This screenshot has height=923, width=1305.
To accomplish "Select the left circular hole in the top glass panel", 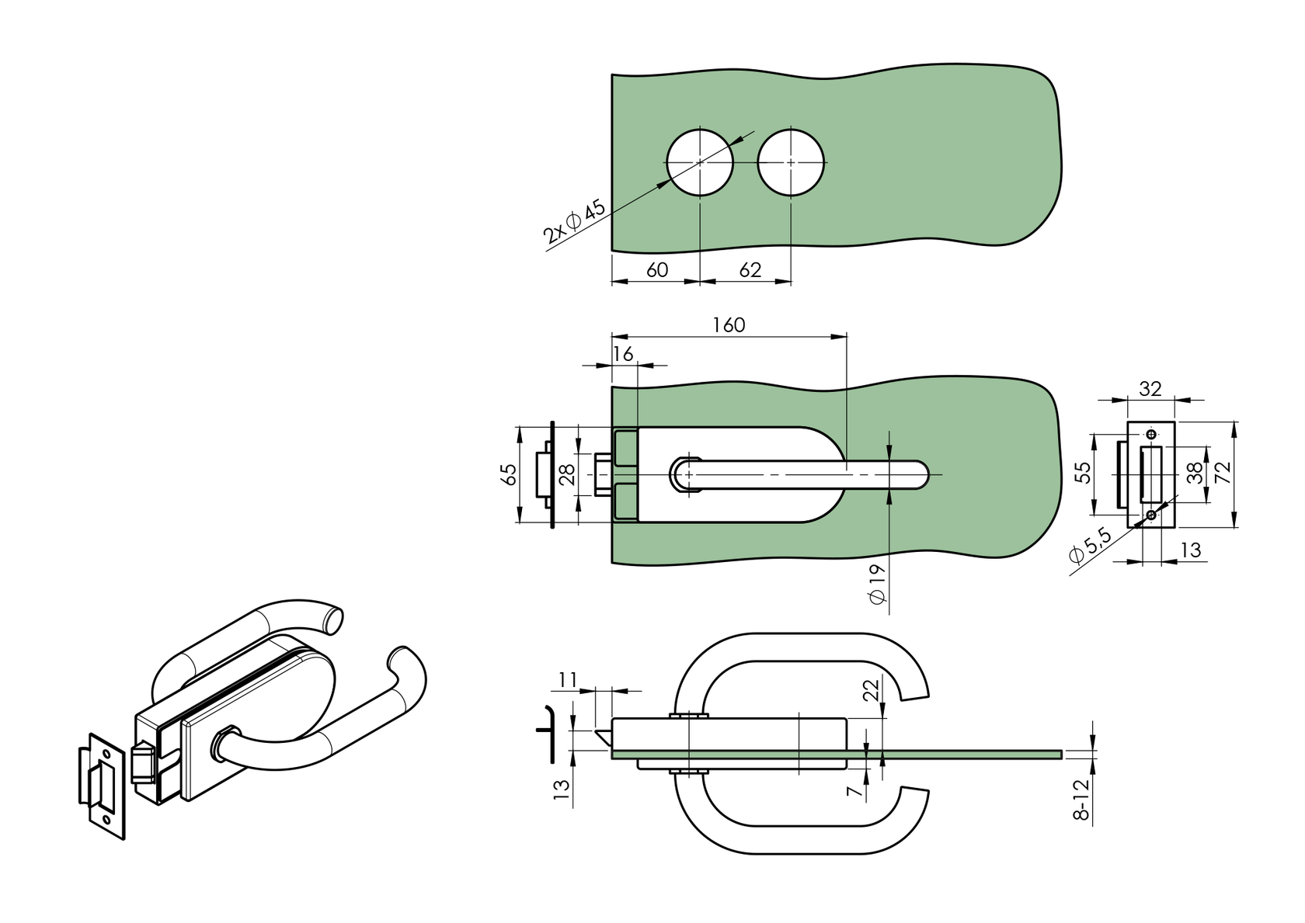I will point(700,162).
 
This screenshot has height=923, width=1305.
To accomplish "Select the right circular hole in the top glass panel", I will point(791,162).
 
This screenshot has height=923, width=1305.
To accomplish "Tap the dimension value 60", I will point(657,269).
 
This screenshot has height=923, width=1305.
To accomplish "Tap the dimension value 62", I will point(750,269).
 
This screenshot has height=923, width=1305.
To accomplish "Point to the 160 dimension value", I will point(729,324).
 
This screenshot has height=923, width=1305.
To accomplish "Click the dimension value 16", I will point(623,354).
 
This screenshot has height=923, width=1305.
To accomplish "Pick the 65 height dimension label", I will point(509,474).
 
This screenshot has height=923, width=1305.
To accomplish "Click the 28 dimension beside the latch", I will point(567,474).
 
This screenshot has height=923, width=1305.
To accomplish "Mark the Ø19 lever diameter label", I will point(877,584).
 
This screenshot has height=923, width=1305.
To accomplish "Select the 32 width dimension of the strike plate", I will point(1150,388).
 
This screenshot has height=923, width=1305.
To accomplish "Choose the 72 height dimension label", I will point(1223,473).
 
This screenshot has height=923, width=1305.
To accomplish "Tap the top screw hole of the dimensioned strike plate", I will point(1151,433).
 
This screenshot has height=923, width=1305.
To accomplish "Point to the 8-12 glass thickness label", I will point(1084,801).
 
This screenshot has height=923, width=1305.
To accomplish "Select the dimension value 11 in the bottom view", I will point(567,681).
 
